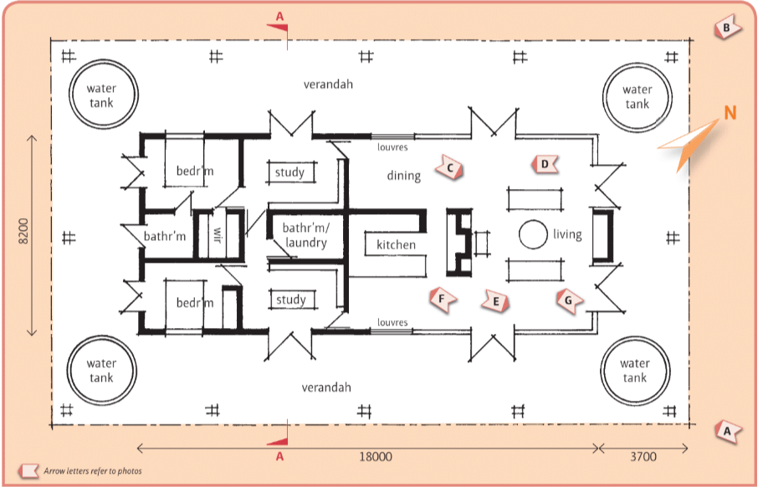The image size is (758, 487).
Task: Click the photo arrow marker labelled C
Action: point(450,169)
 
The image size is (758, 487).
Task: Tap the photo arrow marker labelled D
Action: point(545,164)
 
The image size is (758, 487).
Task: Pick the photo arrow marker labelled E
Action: point(495,300)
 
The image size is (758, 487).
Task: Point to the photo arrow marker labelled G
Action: point(568,299)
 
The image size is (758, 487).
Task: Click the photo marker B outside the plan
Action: point(727,28)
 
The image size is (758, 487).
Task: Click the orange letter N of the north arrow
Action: point(730,113)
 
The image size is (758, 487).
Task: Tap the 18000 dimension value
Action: point(375,457)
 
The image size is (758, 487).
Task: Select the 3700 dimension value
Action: point(643,457)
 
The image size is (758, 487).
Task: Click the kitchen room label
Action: point(396,244)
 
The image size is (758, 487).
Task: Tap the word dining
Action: point(404,175)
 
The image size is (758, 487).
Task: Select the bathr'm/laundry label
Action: point(305,235)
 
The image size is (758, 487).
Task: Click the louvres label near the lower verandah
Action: point(392,322)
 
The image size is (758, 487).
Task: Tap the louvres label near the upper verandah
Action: point(392,147)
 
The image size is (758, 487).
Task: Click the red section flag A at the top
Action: point(279,21)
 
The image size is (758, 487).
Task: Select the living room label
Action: point(566,234)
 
